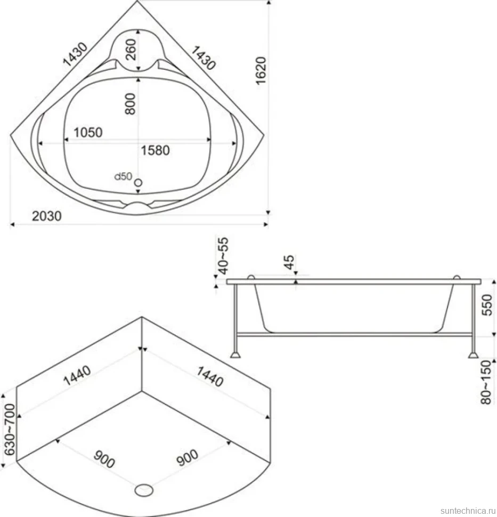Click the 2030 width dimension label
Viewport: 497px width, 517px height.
click(47, 216)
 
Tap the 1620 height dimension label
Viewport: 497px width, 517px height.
click(260, 70)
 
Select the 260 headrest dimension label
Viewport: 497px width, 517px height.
click(131, 50)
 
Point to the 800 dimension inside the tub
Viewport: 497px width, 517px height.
click(130, 103)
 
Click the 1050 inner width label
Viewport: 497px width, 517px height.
click(88, 132)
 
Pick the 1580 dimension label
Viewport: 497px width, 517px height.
click(155, 150)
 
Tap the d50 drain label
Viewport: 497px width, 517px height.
click(123, 176)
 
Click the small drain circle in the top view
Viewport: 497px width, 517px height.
click(138, 182)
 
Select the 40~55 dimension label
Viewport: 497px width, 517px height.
click(223, 256)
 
